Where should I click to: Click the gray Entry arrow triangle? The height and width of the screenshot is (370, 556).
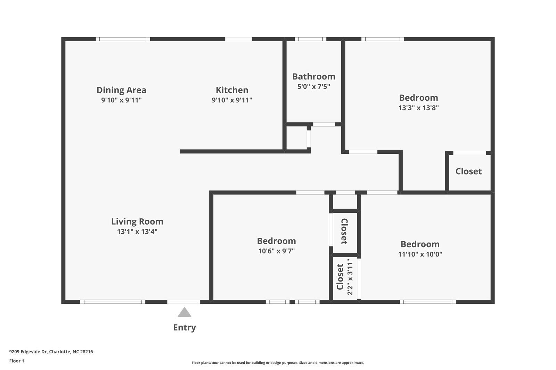tap(184, 313)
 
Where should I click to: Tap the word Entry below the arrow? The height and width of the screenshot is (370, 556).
tap(184, 327)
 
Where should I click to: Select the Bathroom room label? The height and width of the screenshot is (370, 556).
tap(313, 76)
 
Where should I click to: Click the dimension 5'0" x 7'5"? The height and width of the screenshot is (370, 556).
tap(313, 86)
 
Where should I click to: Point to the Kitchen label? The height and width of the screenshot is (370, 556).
tap(232, 90)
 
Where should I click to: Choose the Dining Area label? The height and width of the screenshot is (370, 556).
tap(121, 90)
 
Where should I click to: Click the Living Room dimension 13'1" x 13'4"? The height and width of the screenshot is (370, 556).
tap(137, 232)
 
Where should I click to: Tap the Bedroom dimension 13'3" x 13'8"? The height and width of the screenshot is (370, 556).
tap(418, 108)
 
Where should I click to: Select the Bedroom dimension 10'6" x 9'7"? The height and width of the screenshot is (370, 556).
tap(276, 251)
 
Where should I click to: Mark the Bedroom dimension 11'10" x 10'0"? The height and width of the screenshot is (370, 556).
tap(420, 254)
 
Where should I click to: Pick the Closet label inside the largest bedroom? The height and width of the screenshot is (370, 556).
tap(468, 171)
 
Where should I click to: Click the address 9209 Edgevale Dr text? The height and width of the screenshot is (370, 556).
tap(51, 351)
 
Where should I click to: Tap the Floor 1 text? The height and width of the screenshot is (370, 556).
tap(17, 361)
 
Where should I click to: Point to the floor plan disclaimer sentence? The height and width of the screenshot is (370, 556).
tap(278, 363)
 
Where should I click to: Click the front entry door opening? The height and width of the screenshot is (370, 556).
tap(183, 302)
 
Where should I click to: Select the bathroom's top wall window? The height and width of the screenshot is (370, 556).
tap(310, 39)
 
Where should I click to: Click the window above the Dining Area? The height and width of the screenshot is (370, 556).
tap(123, 39)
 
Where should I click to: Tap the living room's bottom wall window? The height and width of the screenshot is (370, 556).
tap(113, 302)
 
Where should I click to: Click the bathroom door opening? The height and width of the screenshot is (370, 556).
tap(324, 124)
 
